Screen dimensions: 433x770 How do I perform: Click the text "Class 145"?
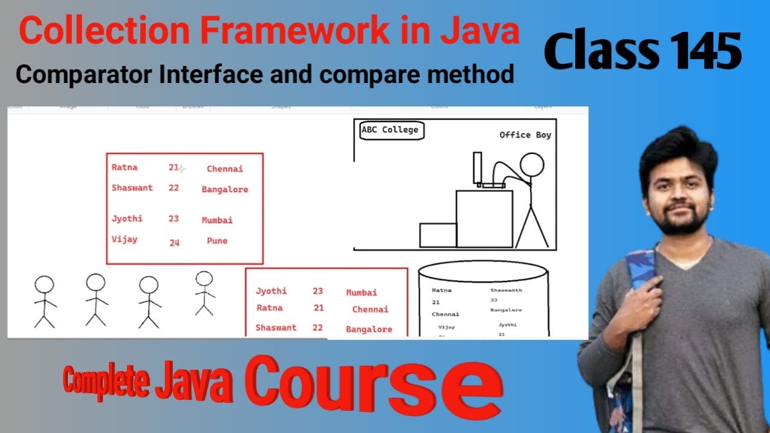coord(642,52)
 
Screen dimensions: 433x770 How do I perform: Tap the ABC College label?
coord(390,130)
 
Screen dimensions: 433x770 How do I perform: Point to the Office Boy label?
coord(525,135)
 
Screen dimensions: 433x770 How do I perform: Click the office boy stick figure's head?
coord(531,165)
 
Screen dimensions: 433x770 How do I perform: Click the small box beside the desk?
coord(437,235)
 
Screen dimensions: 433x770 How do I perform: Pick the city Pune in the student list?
coord(217,241)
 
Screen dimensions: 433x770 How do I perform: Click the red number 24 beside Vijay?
coord(174,243)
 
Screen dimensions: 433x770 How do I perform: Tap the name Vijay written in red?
coord(125,239)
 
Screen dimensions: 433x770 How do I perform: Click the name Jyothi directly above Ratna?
coord(271,291)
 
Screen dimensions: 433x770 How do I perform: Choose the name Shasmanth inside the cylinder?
coord(506,290)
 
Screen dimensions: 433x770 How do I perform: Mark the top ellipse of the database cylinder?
coord(483,271)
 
